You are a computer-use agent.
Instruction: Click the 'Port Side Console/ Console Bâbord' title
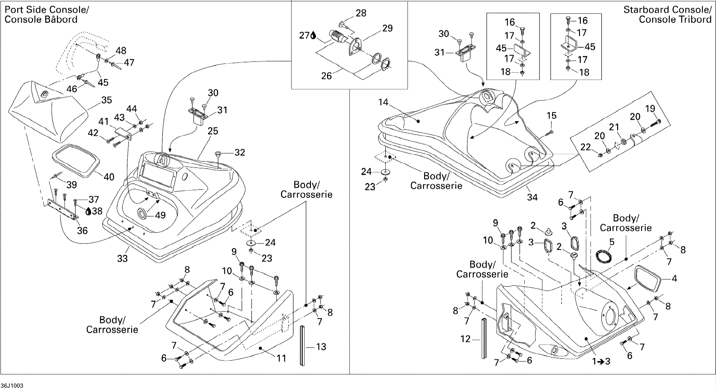pyautogui.click(x=47, y=14)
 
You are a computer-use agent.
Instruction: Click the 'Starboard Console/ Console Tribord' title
pyautogui.click(x=667, y=14)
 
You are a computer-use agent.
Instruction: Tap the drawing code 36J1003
pyautogui.click(x=12, y=386)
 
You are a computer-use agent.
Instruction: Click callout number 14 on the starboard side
pyautogui.click(x=383, y=102)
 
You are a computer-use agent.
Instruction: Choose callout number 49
pyautogui.click(x=160, y=215)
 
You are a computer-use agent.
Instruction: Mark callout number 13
pyautogui.click(x=321, y=347)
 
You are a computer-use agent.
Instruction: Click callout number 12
pyautogui.click(x=465, y=339)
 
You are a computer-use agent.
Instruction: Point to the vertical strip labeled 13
pyautogui.click(x=302, y=345)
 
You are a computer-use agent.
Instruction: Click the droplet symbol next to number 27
pyautogui.click(x=313, y=35)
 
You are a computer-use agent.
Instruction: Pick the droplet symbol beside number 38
pyautogui.click(x=88, y=212)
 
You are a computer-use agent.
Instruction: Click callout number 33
pyautogui.click(x=122, y=258)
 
